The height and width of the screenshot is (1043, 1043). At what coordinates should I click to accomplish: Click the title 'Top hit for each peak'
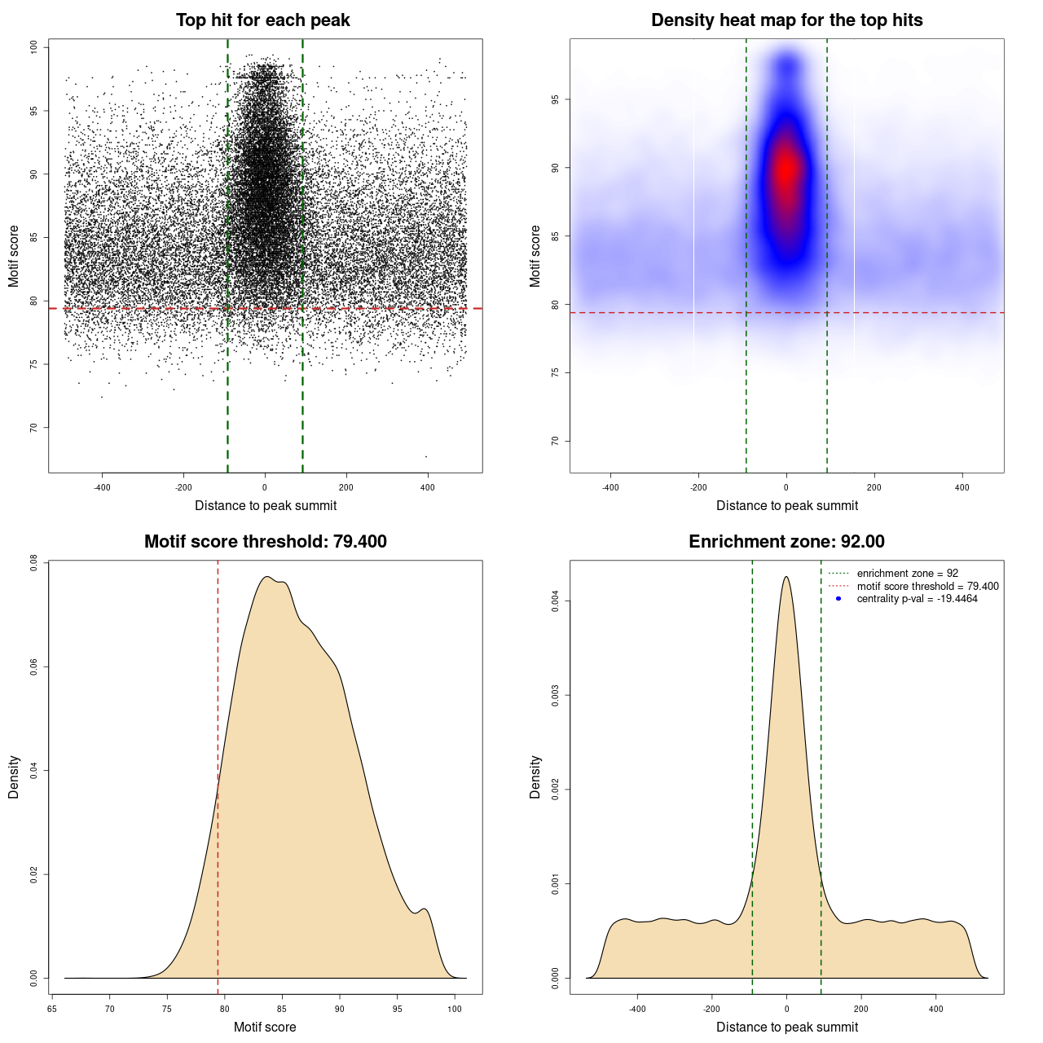262,20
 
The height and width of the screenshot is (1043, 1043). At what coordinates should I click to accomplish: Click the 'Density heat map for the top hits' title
786,20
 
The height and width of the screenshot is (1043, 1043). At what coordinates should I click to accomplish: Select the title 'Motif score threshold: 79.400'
265,542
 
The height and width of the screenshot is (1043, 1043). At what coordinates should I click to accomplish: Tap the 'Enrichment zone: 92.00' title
786,542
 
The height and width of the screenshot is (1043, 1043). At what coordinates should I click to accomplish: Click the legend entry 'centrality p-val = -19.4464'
917,599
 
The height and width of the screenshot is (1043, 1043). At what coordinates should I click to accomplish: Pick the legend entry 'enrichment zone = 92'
907,574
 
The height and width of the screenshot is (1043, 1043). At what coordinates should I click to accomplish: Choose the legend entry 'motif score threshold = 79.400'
927,587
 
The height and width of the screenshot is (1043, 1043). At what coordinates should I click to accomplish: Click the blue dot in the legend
838,599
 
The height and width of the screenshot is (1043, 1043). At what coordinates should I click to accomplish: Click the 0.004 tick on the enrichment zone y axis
556,601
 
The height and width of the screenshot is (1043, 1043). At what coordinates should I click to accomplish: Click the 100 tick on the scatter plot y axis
34,47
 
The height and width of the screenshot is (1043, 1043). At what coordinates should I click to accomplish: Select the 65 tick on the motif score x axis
52,1009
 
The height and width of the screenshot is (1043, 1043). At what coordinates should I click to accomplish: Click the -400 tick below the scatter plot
102,487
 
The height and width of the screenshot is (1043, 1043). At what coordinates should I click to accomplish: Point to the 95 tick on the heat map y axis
556,99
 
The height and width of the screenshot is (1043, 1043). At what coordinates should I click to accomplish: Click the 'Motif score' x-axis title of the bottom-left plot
265,1027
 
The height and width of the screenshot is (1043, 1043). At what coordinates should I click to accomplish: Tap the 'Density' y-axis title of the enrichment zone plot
535,777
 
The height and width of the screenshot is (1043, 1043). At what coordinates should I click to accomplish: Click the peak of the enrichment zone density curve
786,577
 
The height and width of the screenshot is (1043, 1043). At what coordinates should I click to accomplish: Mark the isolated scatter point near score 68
425,456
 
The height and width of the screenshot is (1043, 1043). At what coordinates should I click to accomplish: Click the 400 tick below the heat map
962,487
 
